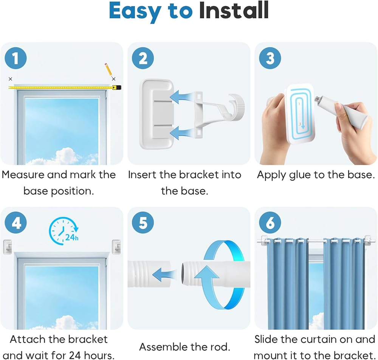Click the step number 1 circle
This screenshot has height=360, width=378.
[15, 58]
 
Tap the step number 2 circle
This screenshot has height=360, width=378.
[143, 58]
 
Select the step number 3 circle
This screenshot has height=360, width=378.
[270, 58]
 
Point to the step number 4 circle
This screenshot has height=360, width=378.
[15, 223]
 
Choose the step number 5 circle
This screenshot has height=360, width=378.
[143, 223]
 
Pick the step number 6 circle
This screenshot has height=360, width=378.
[270, 223]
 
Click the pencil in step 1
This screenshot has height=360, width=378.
[108, 70]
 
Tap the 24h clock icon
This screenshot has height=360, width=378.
[64, 231]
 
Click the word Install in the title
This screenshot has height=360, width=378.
[234, 11]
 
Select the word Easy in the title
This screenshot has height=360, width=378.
[135, 12]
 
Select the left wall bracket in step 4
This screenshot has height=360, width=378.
[8, 247]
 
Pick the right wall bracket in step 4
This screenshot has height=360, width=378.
[116, 247]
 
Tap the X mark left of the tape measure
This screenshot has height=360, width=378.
[10, 79]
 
